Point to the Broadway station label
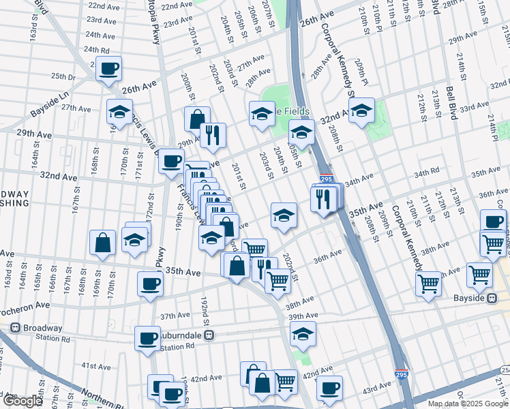click(42, 327)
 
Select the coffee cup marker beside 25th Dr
click(108, 68)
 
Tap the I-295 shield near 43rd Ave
click(402, 374)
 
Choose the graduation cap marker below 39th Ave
click(302, 333)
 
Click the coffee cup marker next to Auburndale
click(147, 338)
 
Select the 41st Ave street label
click(95, 366)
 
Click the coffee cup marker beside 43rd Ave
click(329, 389)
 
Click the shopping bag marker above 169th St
click(102, 243)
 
